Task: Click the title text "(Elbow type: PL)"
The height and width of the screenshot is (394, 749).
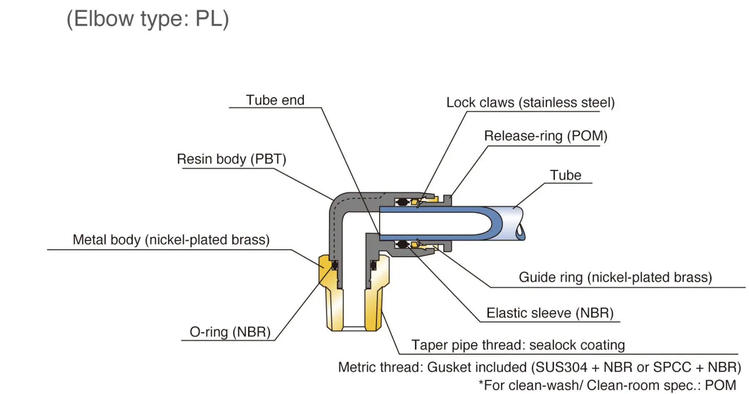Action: (x=148, y=19)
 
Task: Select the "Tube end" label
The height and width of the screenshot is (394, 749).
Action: (x=275, y=100)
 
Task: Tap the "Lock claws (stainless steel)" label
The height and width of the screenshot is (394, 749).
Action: (x=530, y=103)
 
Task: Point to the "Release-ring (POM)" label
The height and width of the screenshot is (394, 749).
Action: (x=546, y=136)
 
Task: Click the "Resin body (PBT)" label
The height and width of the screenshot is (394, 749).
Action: (x=231, y=159)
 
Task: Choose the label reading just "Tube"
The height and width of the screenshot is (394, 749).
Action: (x=565, y=175)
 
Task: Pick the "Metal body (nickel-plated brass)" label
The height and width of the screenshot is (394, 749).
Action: (x=171, y=240)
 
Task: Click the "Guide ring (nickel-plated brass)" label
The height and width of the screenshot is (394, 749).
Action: (x=615, y=278)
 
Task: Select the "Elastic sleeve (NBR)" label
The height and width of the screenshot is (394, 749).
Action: (x=550, y=313)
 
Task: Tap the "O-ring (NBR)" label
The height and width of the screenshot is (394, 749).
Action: (x=230, y=332)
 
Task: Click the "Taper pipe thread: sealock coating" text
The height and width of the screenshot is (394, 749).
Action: (x=518, y=345)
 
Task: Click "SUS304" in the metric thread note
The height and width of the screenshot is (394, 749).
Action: (x=561, y=367)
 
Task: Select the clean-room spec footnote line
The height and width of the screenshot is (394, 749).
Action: (x=607, y=385)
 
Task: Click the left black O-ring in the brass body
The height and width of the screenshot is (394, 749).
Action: (x=335, y=265)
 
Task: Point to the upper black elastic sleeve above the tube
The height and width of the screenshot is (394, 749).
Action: (x=402, y=202)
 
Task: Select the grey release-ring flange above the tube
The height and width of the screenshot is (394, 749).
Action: (x=448, y=200)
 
